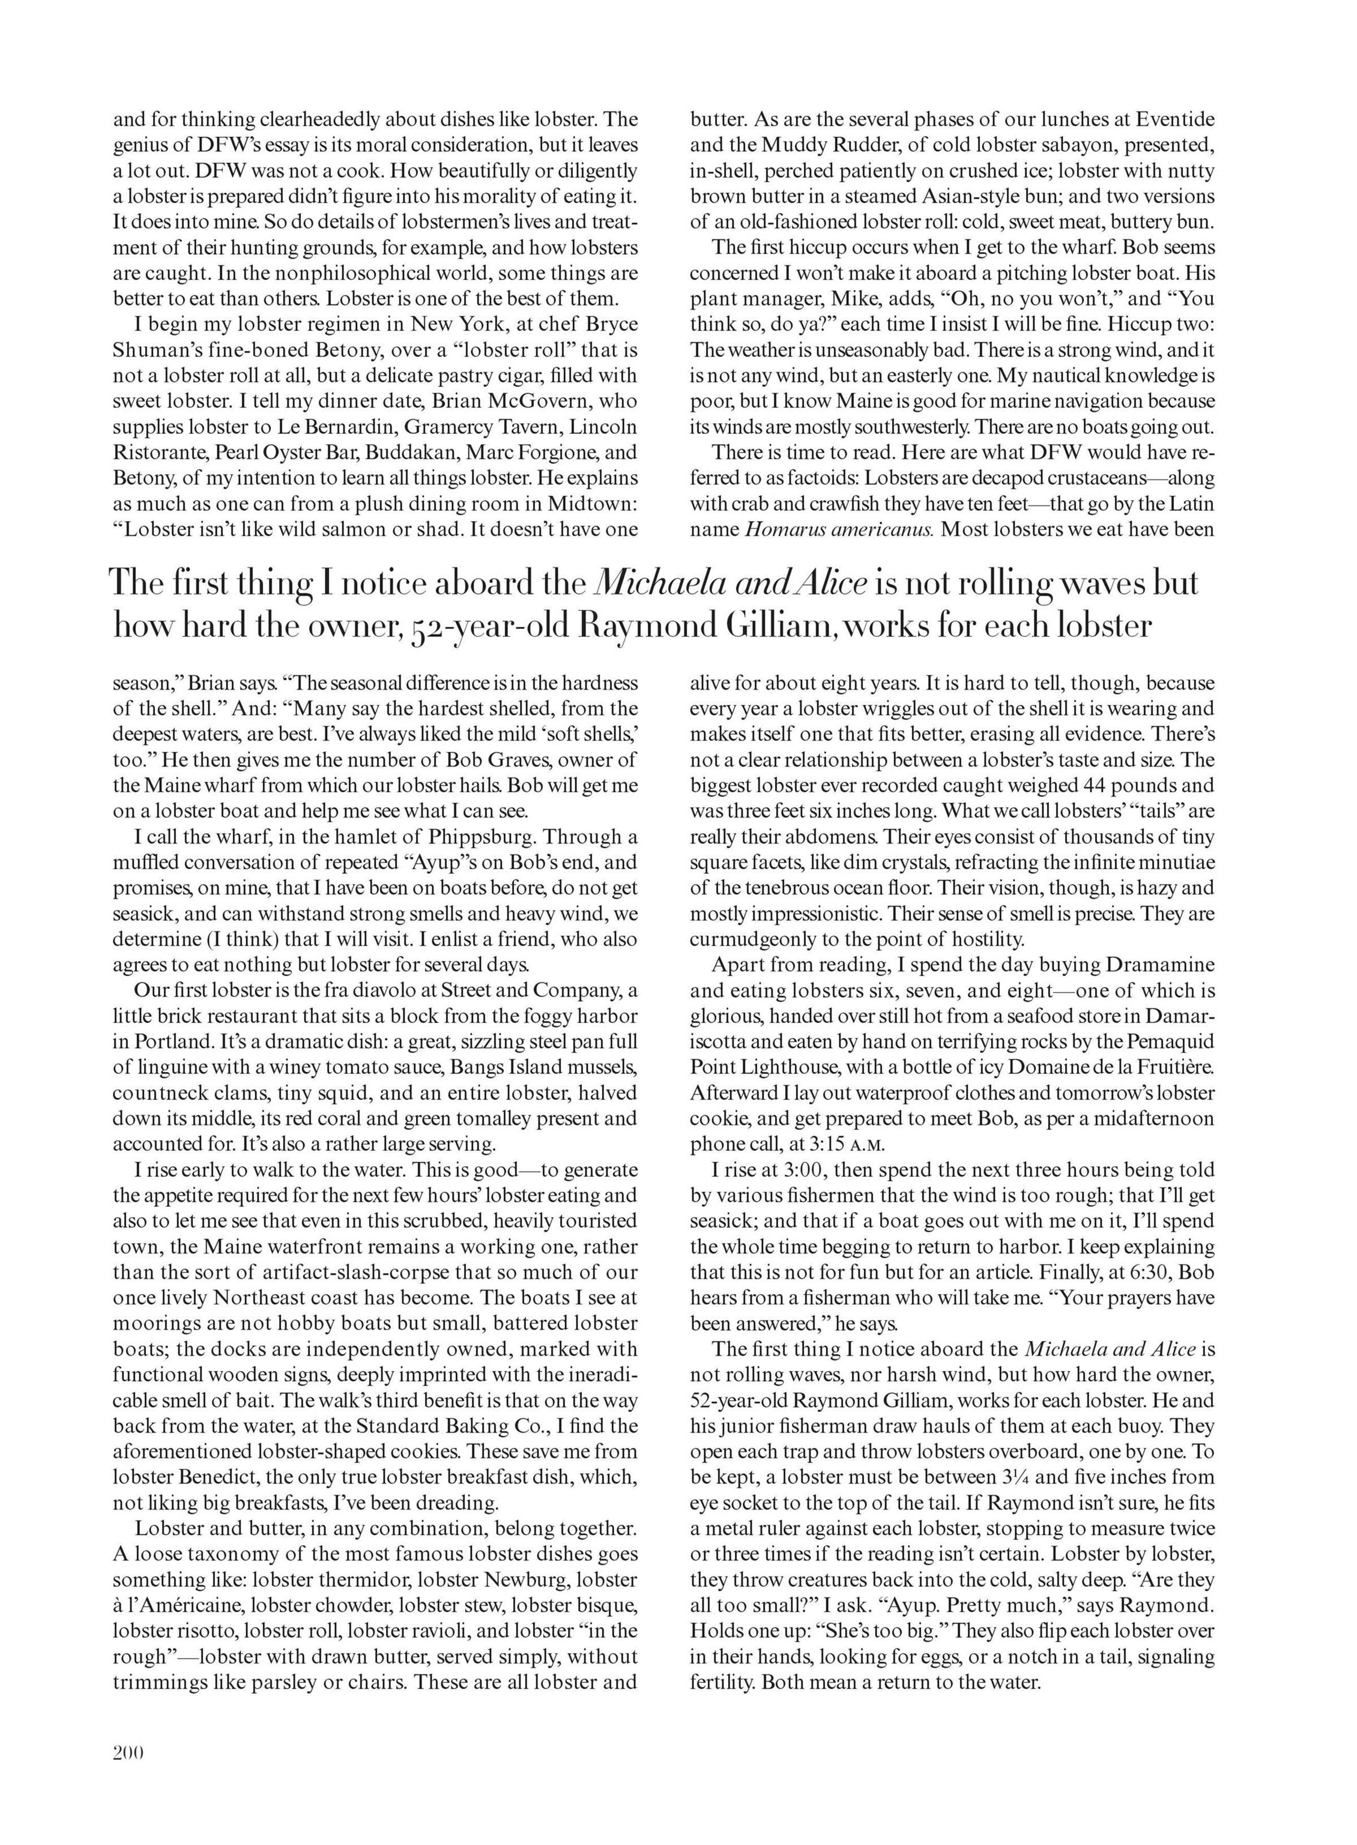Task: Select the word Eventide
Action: (x=1175, y=119)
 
